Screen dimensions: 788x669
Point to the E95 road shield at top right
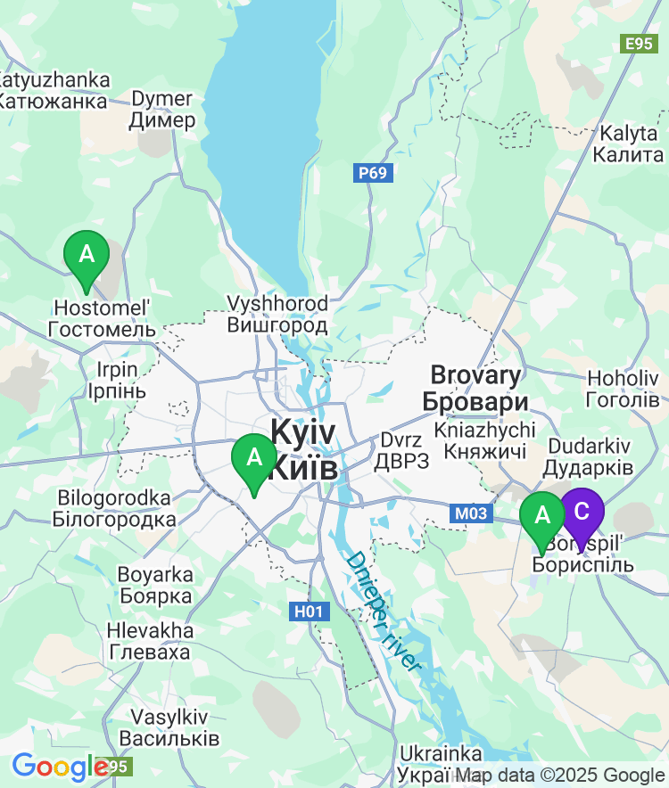(x=640, y=44)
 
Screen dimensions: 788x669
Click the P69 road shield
(x=373, y=173)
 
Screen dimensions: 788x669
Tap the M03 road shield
(x=470, y=513)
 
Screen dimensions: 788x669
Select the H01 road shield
(x=310, y=612)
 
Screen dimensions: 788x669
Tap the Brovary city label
(x=475, y=388)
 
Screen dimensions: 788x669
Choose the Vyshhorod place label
(x=277, y=314)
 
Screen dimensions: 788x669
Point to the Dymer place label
(x=161, y=110)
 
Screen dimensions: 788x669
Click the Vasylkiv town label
(x=169, y=727)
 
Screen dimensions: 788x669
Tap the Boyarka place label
(x=155, y=585)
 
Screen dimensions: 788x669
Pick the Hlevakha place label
(x=150, y=641)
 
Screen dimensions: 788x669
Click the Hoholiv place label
(x=624, y=389)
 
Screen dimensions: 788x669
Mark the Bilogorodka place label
(x=114, y=508)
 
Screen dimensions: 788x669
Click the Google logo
(x=60, y=767)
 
